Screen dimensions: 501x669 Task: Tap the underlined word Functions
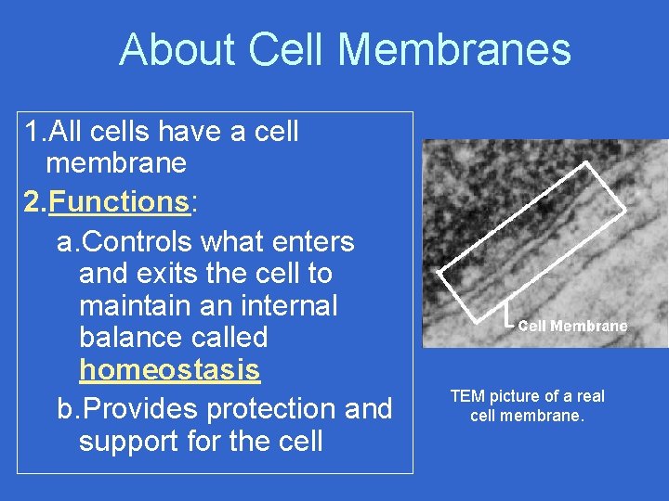tap(119, 201)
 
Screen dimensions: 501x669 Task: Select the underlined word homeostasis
tap(169, 369)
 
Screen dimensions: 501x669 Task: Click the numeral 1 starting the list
tap(33, 132)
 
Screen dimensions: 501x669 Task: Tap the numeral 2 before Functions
tap(33, 201)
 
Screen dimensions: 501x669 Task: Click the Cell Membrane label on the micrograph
tap(572, 326)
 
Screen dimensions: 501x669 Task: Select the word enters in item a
tap(310, 241)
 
